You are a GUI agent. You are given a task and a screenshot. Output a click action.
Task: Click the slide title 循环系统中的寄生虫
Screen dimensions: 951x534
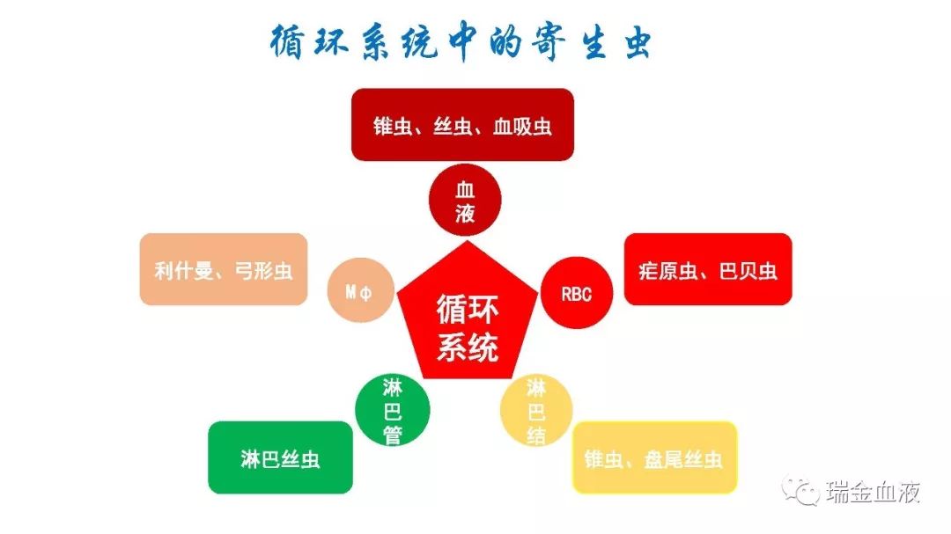pos(461,42)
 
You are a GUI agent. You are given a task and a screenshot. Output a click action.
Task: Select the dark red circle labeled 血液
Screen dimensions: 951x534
pos(465,200)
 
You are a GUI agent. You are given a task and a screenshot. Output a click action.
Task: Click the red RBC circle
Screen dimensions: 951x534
pos(576,293)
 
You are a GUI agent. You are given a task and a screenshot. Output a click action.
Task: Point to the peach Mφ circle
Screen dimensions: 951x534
pos(360,290)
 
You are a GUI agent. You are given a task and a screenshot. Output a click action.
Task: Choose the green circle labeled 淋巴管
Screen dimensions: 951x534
pos(393,410)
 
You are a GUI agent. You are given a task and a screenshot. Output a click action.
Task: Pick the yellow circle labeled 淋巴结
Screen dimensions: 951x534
pos(536,410)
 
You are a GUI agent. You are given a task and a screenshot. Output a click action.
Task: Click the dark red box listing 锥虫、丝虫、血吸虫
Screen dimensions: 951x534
pos(463,125)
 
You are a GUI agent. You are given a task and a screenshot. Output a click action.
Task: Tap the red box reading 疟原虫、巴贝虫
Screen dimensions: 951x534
pos(708,269)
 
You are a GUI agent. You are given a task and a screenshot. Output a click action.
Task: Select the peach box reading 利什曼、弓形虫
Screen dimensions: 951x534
pos(223,269)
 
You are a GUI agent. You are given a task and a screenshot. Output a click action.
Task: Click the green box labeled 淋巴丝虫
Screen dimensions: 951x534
pos(280,457)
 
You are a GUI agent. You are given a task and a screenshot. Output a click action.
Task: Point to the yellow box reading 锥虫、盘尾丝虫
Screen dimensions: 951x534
pos(654,457)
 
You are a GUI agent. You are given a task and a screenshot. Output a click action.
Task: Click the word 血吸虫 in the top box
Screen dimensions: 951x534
pos(522,126)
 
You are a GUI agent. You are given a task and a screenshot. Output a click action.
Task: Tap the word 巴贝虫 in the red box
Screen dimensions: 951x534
pos(748,270)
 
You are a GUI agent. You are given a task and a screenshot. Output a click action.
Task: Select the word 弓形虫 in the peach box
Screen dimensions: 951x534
pos(264,270)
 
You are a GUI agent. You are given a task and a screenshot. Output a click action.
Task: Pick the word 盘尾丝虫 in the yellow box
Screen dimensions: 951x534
pos(683,459)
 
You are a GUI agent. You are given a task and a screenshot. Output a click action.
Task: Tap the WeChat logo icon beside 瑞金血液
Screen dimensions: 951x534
pos(801,490)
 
